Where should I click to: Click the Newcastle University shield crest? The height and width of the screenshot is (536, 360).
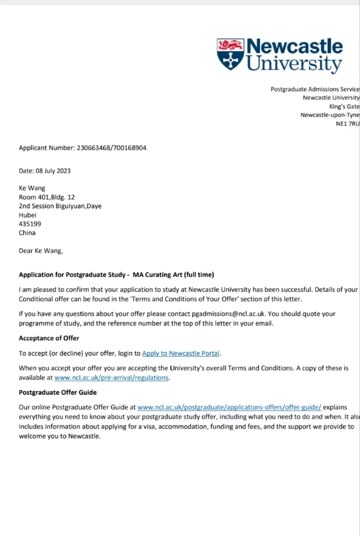point(230,54)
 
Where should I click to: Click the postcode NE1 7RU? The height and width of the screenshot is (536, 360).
point(347,124)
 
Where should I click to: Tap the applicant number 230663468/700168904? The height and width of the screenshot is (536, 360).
point(111,148)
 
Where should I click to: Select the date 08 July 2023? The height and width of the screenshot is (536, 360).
point(53,171)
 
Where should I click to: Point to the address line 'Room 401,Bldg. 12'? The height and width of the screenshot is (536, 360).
point(47,197)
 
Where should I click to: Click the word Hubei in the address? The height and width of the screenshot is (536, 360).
point(28,215)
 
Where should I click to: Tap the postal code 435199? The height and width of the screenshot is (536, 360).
point(30,224)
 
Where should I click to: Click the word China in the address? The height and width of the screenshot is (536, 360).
point(27,233)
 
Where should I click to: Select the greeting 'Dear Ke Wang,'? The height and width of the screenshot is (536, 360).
point(41,251)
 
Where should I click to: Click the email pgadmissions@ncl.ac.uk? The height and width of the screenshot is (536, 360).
point(228,314)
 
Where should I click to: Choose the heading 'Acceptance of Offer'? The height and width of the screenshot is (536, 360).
point(49,338)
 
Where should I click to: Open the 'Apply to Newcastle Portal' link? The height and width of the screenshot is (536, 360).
point(181,353)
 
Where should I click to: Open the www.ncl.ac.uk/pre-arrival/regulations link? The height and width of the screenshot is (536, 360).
point(111,378)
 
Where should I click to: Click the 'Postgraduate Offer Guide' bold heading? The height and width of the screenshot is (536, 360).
point(57,393)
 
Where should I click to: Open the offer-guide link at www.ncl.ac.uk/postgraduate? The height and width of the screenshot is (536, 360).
point(229,407)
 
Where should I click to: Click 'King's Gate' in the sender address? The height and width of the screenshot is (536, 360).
point(344,106)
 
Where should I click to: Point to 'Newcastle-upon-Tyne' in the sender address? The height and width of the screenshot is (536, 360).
point(330,115)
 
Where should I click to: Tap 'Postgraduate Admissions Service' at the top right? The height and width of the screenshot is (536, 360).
point(315,89)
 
